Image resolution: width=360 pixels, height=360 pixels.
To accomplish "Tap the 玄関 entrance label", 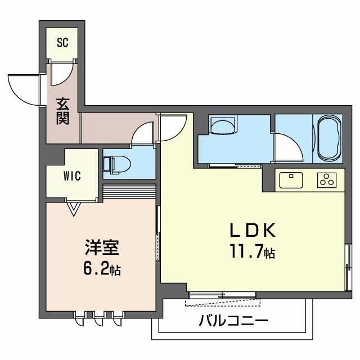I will [62, 111].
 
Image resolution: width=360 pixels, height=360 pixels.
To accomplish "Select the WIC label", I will [72, 175].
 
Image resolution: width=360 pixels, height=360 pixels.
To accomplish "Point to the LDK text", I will [251, 230].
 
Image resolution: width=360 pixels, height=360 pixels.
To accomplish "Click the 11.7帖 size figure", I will [251, 251].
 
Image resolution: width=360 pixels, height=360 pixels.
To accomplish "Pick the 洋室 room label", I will [101, 247].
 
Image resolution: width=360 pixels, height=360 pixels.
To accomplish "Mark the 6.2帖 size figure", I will [101, 269].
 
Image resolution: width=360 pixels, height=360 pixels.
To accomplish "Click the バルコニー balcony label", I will [233, 322].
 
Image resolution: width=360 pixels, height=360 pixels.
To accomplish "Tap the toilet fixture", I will [118, 164].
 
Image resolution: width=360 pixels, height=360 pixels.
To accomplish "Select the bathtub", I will [328, 138].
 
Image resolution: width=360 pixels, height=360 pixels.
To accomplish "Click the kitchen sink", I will [291, 179].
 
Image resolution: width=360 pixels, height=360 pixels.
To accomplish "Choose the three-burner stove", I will [326, 180].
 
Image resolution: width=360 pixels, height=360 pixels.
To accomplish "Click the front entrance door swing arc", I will [25, 89].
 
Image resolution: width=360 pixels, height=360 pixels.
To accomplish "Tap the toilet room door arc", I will [142, 133].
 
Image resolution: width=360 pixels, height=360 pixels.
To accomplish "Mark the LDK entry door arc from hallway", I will [174, 128].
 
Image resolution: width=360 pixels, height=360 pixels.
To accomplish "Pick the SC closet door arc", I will [61, 74].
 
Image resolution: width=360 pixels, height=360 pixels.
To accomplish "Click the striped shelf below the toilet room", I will [129, 191].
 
